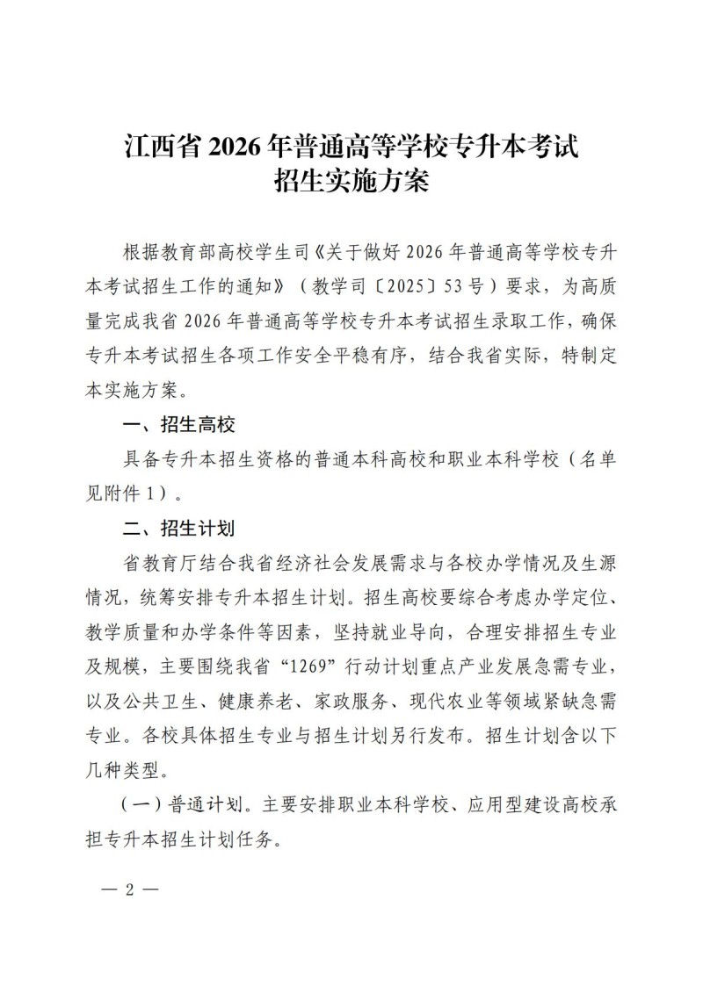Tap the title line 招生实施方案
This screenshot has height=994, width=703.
(351, 183)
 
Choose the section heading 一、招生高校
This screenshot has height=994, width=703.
(179, 425)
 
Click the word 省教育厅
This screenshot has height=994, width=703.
(155, 563)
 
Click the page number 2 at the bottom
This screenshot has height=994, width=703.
(129, 889)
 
